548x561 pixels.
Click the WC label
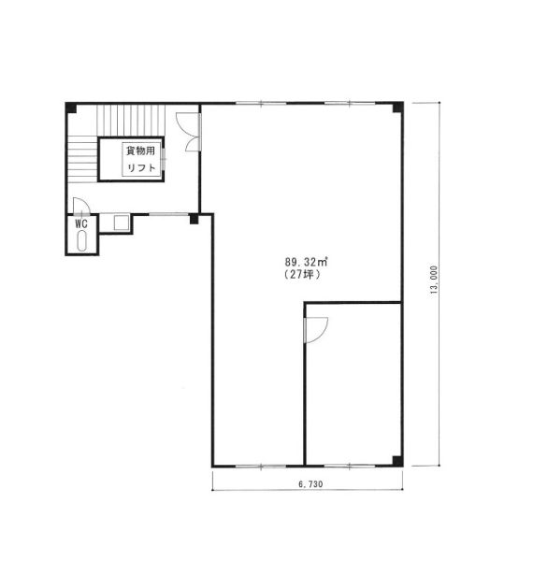(x=81, y=224)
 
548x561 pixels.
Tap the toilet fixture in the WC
(x=82, y=240)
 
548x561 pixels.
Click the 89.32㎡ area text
(x=307, y=262)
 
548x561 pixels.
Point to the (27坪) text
(x=302, y=274)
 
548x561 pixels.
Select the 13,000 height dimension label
(x=434, y=280)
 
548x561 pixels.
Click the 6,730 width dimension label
(x=310, y=484)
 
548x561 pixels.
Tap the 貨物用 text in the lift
(x=140, y=151)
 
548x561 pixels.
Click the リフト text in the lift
(x=141, y=167)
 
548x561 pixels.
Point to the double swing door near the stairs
(x=189, y=132)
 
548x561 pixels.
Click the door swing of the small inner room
(x=316, y=330)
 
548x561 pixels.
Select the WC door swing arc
(x=81, y=207)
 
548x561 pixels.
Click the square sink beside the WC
(x=122, y=223)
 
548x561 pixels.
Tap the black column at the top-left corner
(x=71, y=108)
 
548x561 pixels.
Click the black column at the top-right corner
(x=397, y=108)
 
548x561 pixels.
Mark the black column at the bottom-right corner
(x=397, y=461)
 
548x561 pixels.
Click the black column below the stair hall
(x=194, y=219)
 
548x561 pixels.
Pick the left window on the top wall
(x=261, y=104)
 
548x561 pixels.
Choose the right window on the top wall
(x=350, y=104)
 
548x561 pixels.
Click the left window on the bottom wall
(x=261, y=467)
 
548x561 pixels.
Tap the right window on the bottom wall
(x=350, y=467)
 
